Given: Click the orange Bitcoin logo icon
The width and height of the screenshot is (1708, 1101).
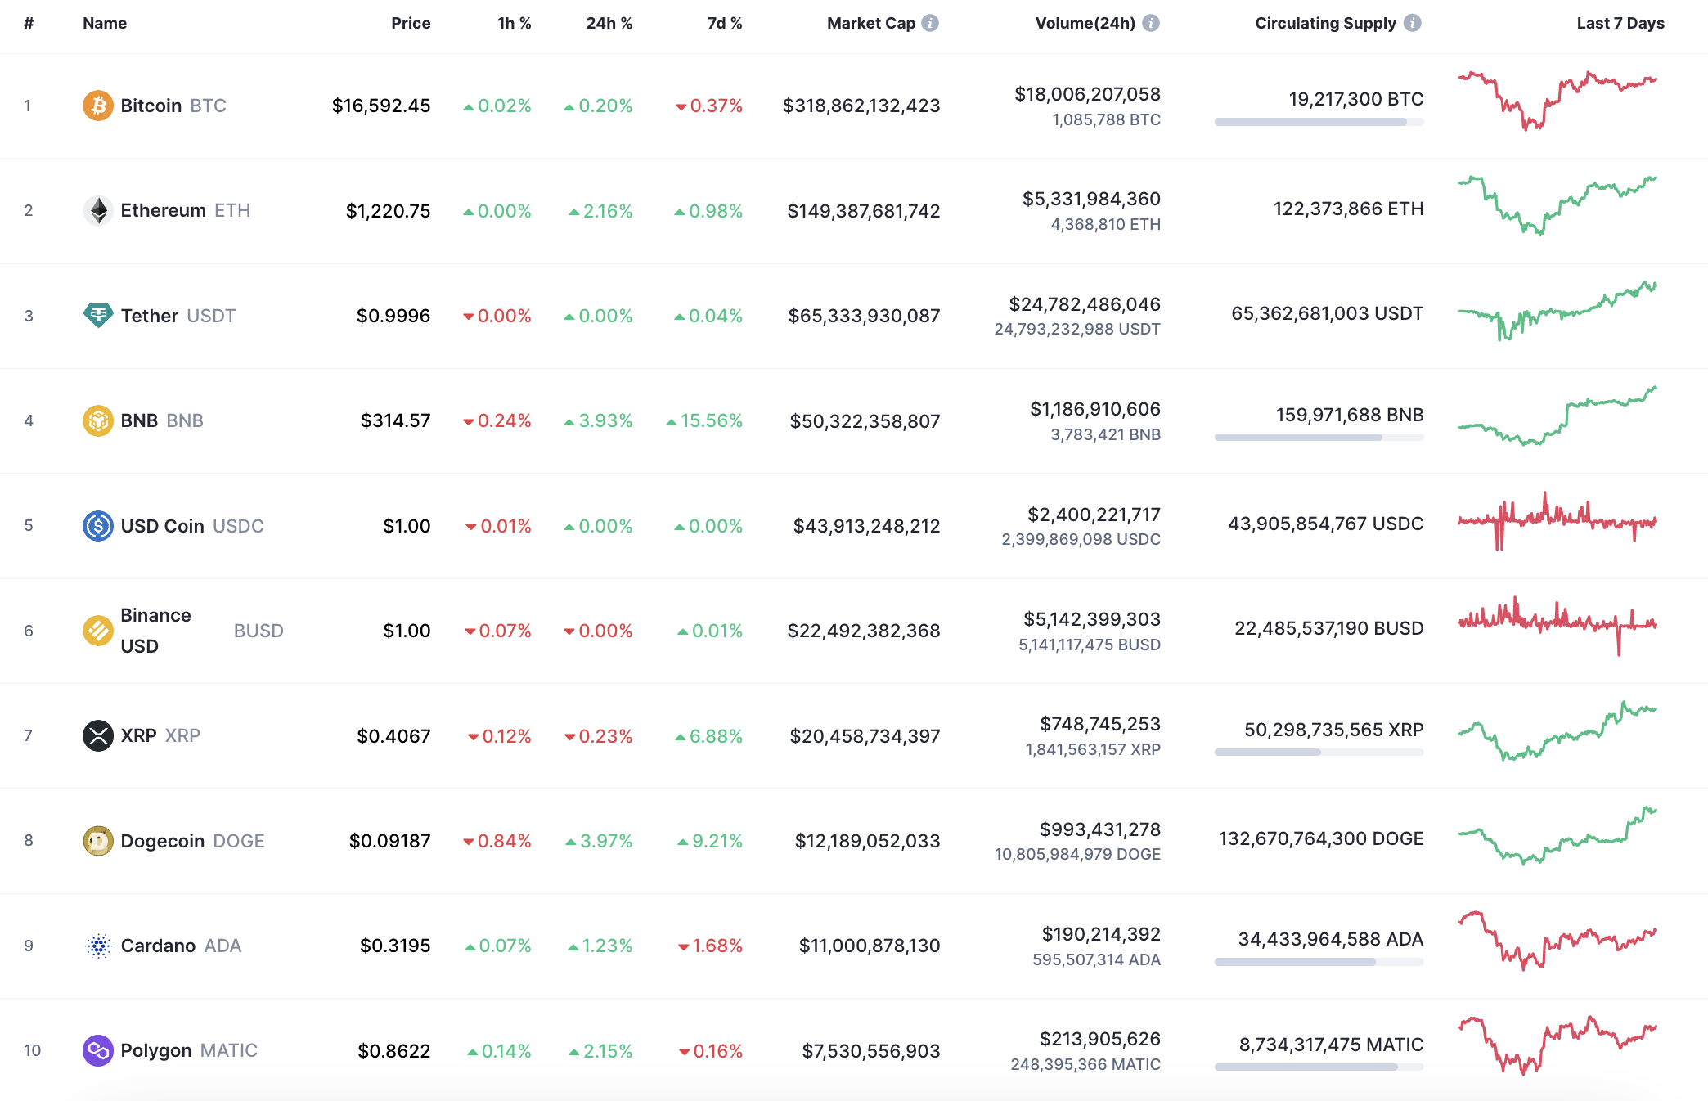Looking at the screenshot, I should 97,106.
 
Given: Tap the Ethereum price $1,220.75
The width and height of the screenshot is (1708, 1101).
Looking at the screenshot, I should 388,211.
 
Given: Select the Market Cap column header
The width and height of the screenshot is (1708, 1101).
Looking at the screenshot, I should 870,23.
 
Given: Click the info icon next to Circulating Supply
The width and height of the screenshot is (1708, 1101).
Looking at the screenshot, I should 1413,23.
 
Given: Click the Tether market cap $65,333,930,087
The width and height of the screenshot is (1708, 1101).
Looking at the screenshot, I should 864,316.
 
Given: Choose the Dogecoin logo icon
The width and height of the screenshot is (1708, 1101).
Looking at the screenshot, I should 97,841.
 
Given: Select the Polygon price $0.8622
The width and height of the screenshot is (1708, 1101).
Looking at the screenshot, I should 393,1051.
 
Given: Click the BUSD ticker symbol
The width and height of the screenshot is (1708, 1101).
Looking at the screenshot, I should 258,631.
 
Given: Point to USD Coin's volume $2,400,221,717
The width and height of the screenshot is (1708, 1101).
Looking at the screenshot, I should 1094,515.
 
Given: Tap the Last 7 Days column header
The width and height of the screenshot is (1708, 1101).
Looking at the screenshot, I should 1620,23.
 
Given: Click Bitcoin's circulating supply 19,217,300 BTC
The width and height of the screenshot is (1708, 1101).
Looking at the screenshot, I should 1355,99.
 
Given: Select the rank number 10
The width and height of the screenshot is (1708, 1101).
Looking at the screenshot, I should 32,1050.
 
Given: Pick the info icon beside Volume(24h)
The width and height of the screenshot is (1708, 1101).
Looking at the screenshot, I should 1151,23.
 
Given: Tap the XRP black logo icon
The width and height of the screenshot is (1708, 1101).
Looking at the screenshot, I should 97,735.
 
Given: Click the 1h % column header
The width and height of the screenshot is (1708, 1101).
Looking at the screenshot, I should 514,23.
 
